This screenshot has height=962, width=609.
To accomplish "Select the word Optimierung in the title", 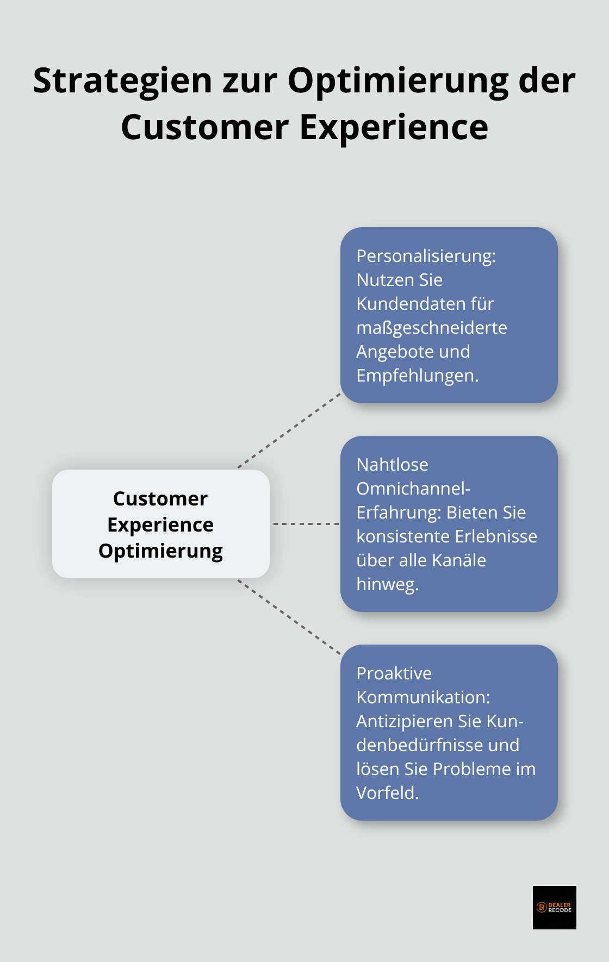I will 397,80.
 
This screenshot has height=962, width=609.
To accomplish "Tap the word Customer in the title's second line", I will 204,127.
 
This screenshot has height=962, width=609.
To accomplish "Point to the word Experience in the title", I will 394,127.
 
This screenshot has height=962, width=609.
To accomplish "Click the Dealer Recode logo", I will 554,907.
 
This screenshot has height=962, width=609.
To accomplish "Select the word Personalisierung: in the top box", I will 426,255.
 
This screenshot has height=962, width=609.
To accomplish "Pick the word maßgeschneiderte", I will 431,327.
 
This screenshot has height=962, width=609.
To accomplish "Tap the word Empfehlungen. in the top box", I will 417,375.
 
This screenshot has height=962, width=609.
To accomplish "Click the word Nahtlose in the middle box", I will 392,464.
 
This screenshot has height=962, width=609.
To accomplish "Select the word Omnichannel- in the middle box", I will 413,488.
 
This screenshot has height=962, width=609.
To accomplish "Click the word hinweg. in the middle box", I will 387,584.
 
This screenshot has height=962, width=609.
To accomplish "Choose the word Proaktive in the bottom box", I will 394,673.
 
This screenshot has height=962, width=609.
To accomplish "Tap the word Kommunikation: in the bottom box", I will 423,697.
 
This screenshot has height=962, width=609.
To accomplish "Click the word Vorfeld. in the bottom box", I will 387,792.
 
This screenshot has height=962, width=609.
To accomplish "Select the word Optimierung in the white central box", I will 160,551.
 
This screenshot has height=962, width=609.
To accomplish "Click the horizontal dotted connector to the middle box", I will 306,524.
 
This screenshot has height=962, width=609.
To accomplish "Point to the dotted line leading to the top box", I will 289,430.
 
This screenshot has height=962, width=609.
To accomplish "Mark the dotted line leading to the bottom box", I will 289,617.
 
